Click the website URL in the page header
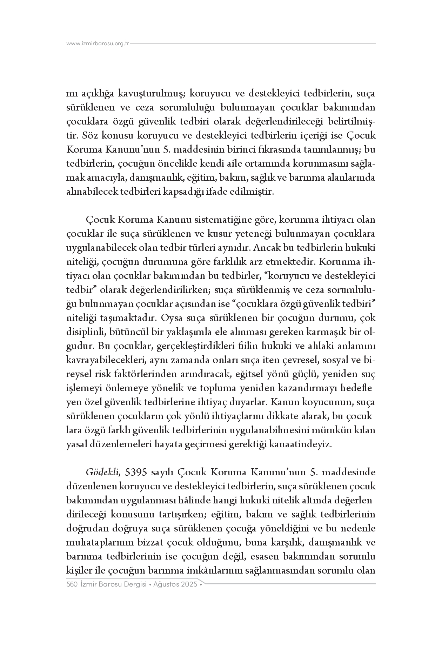[x=98, y=44]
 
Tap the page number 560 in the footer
[x=72, y=584]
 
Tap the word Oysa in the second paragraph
[x=169, y=318]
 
